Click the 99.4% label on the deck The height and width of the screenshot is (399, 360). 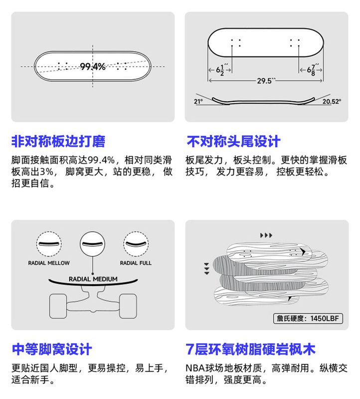92,66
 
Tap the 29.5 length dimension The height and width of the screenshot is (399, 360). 267,81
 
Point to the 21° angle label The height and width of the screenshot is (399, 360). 198,101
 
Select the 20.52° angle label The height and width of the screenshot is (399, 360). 332,101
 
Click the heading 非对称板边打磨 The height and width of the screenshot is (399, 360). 58,142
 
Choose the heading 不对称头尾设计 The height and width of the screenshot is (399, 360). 233,142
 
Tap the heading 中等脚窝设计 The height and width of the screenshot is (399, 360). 52,349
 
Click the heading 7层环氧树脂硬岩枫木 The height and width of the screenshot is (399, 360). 250,349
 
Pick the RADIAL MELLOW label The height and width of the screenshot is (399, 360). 49,263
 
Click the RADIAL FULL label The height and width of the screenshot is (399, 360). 136,263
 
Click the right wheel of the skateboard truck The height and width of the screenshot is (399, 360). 127,305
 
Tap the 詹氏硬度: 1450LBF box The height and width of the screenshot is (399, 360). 309,318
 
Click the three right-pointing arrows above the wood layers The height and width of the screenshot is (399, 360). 267,235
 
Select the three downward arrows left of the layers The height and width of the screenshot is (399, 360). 205,269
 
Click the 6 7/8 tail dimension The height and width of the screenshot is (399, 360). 312,69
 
